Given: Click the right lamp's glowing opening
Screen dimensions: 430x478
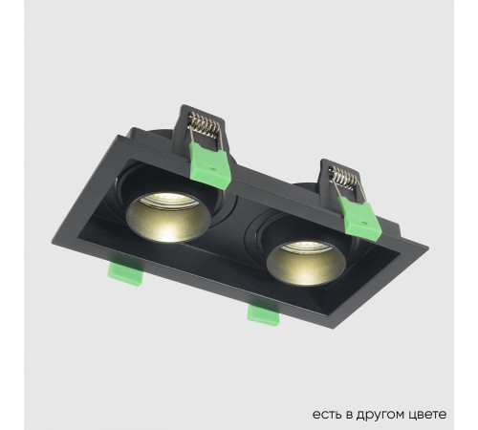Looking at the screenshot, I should [x=293, y=259].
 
